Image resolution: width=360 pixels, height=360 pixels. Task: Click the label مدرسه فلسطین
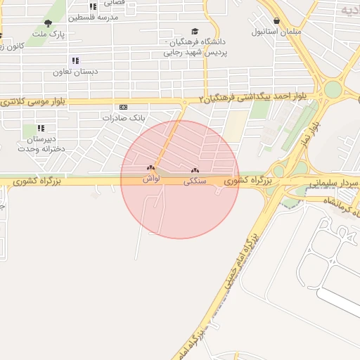pos(92,17)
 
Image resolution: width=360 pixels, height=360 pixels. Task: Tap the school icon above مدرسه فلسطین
pos(93,6)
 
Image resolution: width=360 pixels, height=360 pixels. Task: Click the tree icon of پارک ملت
pos(48,23)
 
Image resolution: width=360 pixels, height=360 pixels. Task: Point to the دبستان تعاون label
pos(75,72)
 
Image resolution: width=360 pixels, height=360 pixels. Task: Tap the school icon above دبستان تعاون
pos(75,61)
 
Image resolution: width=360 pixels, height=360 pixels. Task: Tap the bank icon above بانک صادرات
pos(124,107)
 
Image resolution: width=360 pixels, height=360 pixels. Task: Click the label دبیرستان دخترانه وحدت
pos(41,143)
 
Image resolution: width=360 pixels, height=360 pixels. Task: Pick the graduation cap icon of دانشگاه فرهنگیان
pos(195,32)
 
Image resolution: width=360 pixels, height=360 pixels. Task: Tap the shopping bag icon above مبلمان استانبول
pos(277,21)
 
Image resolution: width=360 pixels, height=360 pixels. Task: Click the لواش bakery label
pos(151,179)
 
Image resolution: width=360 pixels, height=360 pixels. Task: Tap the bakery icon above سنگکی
pos(195,170)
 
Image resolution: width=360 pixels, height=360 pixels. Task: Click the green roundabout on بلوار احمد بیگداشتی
pos(332,90)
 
